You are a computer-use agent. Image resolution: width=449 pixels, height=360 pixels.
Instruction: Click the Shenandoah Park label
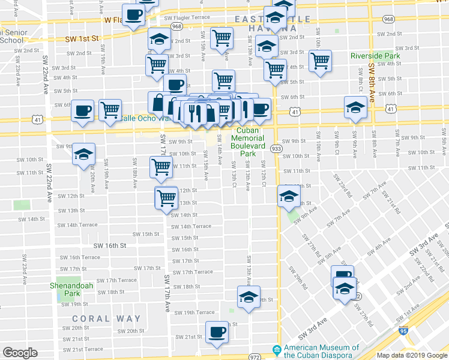(71, 289)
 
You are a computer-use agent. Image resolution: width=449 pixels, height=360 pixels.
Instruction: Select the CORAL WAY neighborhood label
(106, 319)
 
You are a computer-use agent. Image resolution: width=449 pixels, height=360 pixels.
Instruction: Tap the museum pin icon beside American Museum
(276, 349)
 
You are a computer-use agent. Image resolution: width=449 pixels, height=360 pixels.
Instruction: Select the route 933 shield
(276, 148)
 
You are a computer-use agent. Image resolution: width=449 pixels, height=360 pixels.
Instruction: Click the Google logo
(20, 353)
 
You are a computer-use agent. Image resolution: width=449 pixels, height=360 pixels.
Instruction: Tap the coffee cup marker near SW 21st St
(217, 332)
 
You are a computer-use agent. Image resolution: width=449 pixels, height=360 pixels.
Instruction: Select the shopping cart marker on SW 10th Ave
(321, 60)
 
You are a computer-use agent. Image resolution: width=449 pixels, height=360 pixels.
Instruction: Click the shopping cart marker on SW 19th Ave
(110, 110)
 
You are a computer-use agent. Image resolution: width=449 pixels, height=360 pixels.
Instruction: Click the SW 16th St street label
(109, 245)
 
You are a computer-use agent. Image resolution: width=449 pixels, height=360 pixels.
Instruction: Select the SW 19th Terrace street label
(195, 313)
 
